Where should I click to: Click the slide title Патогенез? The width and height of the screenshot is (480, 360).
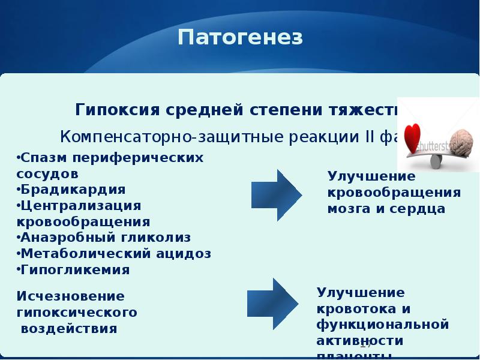tap(240, 38)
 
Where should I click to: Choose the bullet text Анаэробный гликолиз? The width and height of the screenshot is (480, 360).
tap(106, 237)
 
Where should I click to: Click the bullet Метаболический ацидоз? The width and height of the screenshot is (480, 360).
tap(116, 253)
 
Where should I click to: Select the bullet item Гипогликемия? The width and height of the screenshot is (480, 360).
tap(76, 269)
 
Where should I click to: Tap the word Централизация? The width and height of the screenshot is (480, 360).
tap(80, 205)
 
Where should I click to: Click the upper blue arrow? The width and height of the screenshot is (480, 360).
tap(276, 193)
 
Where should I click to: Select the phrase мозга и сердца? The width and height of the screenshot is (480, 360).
tap(386, 209)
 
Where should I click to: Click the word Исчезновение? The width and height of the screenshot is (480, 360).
tap(70, 296)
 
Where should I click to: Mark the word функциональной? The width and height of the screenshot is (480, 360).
tap(383, 325)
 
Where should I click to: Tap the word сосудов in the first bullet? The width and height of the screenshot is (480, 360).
tap(47, 173)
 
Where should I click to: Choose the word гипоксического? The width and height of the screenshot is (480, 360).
tap(77, 313)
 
